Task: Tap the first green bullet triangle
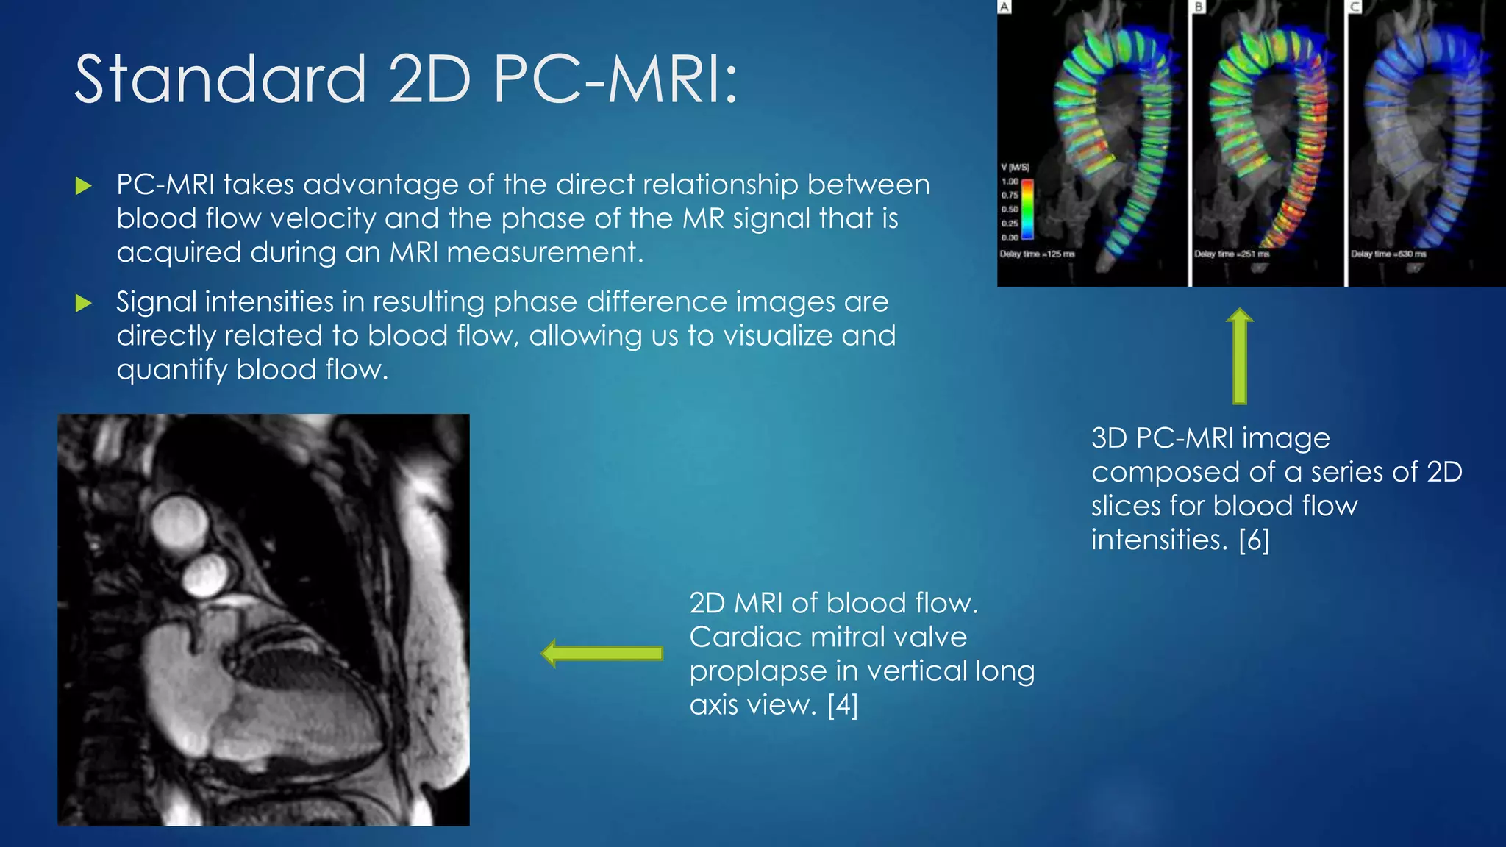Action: [x=84, y=185]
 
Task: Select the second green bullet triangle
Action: [x=84, y=303]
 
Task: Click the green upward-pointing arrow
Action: [x=1240, y=356]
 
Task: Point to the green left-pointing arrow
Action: [x=602, y=653]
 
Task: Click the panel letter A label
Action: [x=1004, y=7]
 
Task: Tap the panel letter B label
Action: [x=1199, y=7]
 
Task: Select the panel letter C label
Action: [x=1355, y=7]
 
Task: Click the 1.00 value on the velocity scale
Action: [x=1010, y=182]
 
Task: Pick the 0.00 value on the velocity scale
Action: [x=1010, y=237]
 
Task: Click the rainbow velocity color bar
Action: [x=1027, y=210]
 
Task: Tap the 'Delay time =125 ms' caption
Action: [x=1037, y=254]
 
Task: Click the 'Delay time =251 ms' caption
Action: [x=1232, y=254]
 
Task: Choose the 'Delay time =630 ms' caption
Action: [x=1388, y=254]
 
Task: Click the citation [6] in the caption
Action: [x=1254, y=540]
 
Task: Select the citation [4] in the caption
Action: [x=843, y=705]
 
